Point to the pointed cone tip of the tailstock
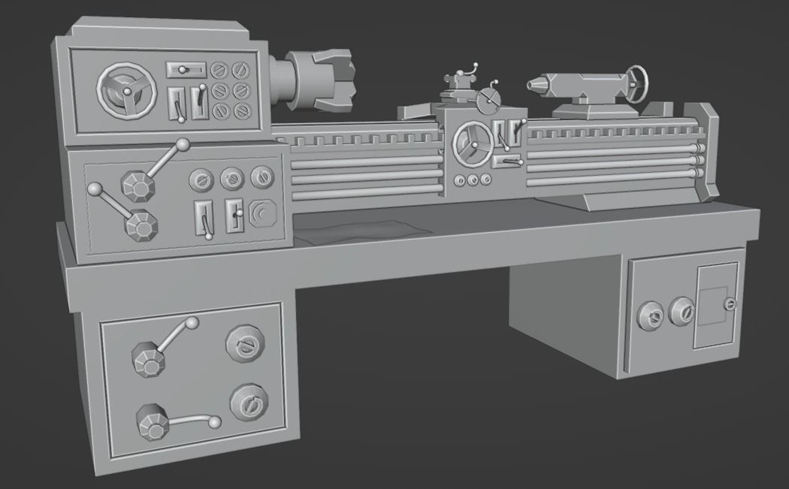tap(535, 85)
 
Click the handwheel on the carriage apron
tap(474, 142)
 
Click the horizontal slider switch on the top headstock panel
tap(186, 70)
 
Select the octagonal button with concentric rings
tap(261, 214)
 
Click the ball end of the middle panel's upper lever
tap(183, 144)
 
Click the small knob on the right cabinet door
tap(729, 304)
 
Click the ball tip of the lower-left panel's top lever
tap(192, 323)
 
